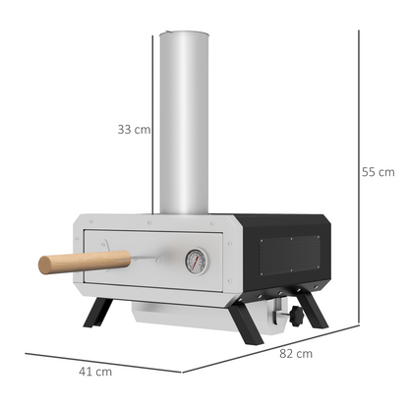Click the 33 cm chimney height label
pos(133,129)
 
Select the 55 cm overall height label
pos(378,172)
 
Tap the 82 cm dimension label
pos(297,353)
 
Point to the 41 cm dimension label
pos(96,371)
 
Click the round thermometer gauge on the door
pos(195,260)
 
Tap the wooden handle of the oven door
pos(85,262)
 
